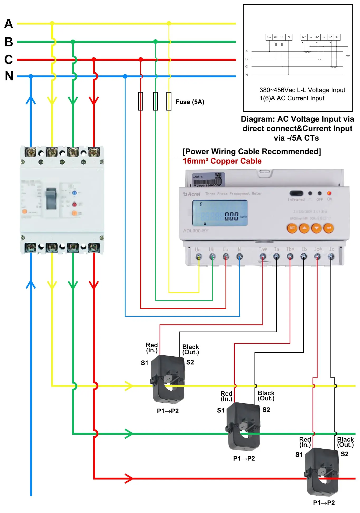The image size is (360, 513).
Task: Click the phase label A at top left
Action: pos(9,24)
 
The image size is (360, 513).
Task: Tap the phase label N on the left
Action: pos(9,76)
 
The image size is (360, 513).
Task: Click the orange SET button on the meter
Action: pos(292,228)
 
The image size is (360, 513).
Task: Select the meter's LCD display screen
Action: pos(220,213)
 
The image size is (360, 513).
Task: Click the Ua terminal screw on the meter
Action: pos(199,256)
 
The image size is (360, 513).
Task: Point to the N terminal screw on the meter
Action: pos(239,256)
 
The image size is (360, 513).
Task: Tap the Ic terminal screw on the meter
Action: pos(331,256)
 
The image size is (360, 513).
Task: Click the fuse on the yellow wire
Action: pos(169,101)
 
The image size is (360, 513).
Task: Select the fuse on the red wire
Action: pos(141,101)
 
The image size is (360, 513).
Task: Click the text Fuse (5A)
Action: pos(190,102)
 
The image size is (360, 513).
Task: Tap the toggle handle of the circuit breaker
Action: pos(51,198)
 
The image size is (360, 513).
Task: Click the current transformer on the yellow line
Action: pos(168,379)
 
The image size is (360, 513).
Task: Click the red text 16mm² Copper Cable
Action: pos(222,161)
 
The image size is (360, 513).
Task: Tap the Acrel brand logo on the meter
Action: pos(192,194)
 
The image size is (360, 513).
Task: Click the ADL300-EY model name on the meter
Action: pos(196,231)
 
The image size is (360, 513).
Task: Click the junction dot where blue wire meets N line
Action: pos(31,76)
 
